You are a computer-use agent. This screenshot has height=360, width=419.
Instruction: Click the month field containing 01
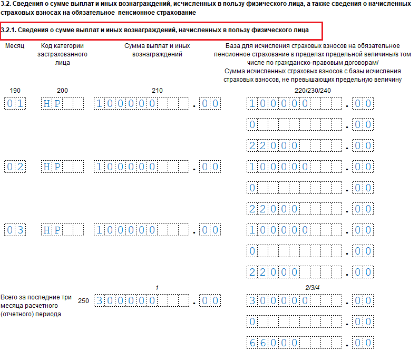click(x=15, y=104)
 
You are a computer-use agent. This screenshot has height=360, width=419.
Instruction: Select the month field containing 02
click(x=15, y=167)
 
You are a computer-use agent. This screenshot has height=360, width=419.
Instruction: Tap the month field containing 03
click(x=15, y=230)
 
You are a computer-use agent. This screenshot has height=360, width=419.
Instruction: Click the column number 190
click(x=15, y=91)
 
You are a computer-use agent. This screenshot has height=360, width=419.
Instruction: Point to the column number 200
click(x=62, y=91)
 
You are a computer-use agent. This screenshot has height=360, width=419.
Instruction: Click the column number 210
click(x=157, y=91)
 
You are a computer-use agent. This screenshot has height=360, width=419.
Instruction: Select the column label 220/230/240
click(x=313, y=91)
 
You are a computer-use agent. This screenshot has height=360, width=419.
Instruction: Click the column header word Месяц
click(x=15, y=46)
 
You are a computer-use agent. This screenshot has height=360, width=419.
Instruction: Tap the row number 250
click(x=83, y=301)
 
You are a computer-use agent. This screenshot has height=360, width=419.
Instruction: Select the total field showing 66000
click(x=275, y=343)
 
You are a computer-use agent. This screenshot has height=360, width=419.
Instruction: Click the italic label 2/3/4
click(x=313, y=287)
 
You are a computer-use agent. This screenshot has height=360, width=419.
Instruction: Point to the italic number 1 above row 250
click(x=157, y=287)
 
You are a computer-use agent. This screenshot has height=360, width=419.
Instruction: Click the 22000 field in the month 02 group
click(x=275, y=209)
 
